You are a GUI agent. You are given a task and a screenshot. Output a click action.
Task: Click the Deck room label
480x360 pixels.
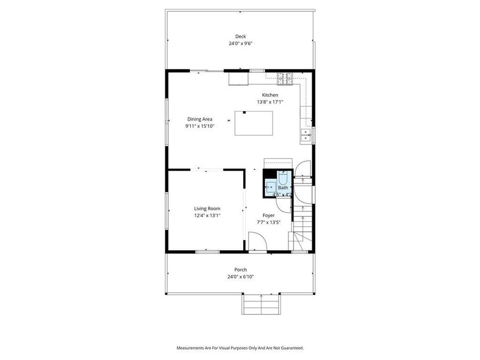coord(241,36)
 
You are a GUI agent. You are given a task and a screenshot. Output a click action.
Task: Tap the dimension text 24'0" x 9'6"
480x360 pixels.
coord(241,44)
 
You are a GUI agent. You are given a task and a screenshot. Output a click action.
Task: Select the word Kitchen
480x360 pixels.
coord(269,95)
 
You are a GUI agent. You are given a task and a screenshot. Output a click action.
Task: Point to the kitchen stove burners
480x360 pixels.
coord(285,79)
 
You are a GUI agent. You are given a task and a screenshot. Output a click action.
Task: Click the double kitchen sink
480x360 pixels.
coord(306,135)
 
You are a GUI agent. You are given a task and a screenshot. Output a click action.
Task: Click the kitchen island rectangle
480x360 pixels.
coord(254,123)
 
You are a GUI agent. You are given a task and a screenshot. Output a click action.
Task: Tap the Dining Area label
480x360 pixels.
coord(199,119)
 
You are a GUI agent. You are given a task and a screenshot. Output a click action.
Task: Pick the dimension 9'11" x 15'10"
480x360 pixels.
coord(199,126)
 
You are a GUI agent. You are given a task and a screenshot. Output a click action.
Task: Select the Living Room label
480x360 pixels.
coord(207,209)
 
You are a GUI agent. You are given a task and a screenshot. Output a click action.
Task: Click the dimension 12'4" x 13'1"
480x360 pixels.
coord(207,215)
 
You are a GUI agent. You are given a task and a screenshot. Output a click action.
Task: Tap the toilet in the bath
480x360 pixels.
coord(283,178)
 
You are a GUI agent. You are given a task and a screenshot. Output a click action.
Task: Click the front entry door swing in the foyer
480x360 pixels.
coord(258,244)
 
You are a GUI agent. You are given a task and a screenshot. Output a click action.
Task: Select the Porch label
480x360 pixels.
coord(241,269)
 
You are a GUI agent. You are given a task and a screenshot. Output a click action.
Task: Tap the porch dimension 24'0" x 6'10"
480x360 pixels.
coord(241,277)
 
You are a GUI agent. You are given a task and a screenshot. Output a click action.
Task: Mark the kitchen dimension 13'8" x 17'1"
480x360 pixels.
coord(269,102)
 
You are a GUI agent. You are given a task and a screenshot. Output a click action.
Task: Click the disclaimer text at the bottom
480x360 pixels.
coord(240,348)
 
